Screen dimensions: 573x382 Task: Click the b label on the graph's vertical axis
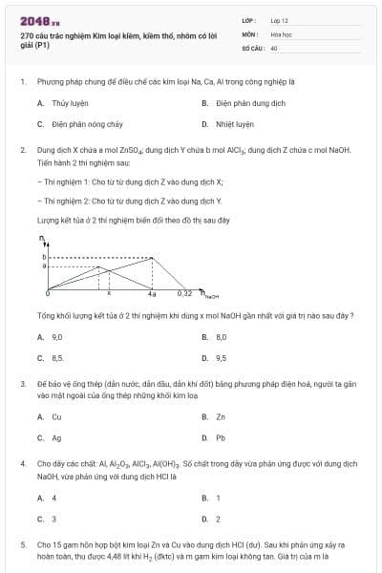44,257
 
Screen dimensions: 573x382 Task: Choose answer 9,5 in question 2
221,358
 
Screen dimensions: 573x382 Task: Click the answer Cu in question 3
56,417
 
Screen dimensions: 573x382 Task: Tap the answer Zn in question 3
221,417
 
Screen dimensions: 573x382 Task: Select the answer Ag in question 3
56,438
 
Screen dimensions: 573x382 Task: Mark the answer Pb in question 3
221,438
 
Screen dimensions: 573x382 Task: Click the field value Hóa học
280,33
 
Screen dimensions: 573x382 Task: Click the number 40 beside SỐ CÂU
274,47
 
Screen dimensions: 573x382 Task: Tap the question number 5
22,542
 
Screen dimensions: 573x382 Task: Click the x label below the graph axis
108,293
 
